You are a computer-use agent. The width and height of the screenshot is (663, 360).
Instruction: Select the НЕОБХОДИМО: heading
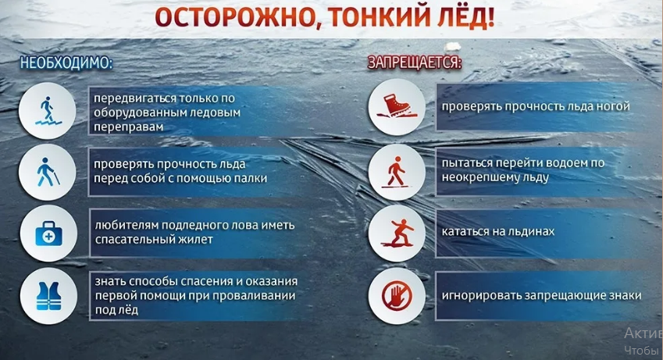click(x=67, y=63)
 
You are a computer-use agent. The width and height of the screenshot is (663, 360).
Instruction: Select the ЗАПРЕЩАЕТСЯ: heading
click(x=415, y=62)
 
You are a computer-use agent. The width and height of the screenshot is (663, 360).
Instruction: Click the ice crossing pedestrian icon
click(x=48, y=108)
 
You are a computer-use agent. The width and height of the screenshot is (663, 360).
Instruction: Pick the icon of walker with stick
click(x=48, y=169)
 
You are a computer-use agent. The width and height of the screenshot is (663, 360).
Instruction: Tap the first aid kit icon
click(x=48, y=233)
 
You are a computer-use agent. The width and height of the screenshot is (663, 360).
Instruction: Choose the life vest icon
click(x=48, y=294)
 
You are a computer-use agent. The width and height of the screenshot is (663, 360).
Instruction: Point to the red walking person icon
click(x=396, y=169)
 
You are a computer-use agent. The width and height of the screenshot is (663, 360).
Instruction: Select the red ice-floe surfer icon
click(x=396, y=232)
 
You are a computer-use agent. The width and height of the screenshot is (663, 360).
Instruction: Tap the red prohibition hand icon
click(x=396, y=295)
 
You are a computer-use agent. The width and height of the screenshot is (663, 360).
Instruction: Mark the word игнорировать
click(x=478, y=295)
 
